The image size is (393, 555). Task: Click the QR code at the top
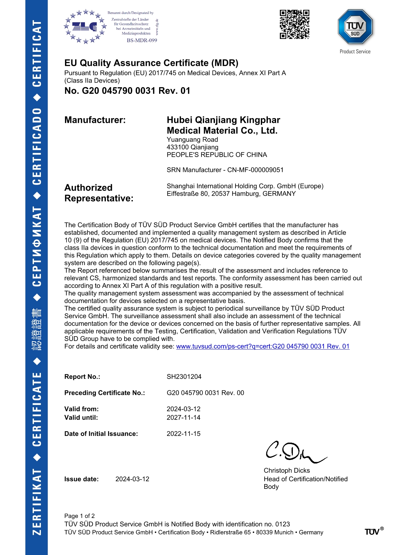coord(294,24)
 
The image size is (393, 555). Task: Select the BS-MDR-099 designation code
coord(142,40)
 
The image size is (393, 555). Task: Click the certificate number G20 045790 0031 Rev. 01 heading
coord(127,91)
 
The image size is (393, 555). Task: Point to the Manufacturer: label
coord(95,120)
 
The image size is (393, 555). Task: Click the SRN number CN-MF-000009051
coord(255,170)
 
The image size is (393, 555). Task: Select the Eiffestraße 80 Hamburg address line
coord(231,194)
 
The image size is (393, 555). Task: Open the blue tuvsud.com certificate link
coord(262,346)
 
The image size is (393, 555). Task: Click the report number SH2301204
coord(184,377)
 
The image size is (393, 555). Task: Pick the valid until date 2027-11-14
coord(184,418)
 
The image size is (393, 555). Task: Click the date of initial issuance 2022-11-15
coord(184,434)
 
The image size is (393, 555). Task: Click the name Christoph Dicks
coord(287,470)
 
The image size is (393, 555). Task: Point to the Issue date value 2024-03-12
coord(132,479)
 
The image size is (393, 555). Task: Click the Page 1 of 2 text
coord(79,516)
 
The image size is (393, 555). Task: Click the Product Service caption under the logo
coord(355,52)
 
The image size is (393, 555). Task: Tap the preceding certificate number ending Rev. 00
coord(205,393)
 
